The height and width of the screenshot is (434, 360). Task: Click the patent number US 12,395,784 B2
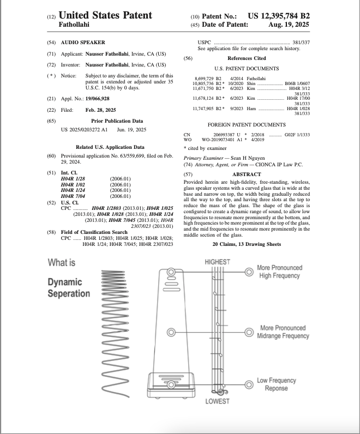coord(279,16)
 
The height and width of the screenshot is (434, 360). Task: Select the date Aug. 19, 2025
coord(289,25)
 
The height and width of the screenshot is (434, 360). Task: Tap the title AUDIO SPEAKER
coord(83,43)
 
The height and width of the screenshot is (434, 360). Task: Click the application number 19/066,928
coord(97,99)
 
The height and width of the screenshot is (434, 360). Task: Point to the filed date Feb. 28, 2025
coord(100,110)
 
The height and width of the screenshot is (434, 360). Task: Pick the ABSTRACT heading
coord(247,174)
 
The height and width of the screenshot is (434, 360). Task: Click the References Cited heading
coord(247,58)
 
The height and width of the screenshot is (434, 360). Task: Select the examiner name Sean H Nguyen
coord(248,158)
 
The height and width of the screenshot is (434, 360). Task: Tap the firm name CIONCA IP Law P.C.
coord(279,165)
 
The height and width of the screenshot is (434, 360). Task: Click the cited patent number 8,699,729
coord(204,79)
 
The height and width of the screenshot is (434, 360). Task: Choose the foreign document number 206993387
coord(224,135)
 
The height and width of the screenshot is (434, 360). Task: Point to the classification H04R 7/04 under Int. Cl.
coord(73,196)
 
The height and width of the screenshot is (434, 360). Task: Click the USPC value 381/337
coord(301,43)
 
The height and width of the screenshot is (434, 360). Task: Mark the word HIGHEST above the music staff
coord(218,262)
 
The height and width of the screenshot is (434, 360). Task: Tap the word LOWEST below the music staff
coord(218,401)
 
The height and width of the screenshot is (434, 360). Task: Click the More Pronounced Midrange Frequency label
coord(283,332)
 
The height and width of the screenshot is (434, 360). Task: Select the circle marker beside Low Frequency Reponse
coord(249,384)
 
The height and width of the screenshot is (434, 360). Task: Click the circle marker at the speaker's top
coord(171,272)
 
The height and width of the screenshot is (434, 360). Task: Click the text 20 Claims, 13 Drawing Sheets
coord(247,244)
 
